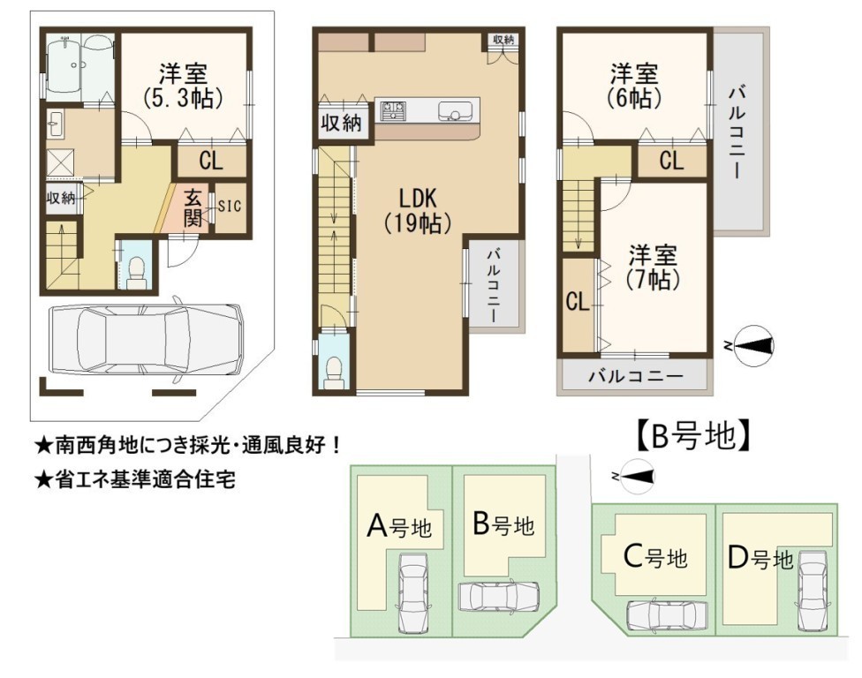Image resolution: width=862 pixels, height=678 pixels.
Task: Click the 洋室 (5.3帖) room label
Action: tap(183, 86)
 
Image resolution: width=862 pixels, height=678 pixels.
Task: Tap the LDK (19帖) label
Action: tap(418, 210)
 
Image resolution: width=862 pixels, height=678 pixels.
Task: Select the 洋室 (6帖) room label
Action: tap(634, 86)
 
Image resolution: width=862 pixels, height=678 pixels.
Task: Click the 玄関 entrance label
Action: tap(193, 207)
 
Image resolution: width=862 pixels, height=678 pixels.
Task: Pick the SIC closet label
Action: tap(230, 206)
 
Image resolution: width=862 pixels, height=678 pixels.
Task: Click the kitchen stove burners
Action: tap(393, 110)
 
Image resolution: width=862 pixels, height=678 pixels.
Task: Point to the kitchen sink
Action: tap(455, 111)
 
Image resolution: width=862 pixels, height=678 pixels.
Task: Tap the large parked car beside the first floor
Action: tap(145, 340)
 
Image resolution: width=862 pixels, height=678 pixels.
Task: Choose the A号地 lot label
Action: tap(399, 526)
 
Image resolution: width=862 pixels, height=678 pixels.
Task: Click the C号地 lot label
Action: tap(655, 557)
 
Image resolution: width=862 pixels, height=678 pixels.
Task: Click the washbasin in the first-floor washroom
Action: tap(55, 124)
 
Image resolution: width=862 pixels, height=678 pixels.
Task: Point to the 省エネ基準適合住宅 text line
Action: tap(135, 479)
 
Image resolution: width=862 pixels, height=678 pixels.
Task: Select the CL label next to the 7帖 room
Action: tap(578, 302)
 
